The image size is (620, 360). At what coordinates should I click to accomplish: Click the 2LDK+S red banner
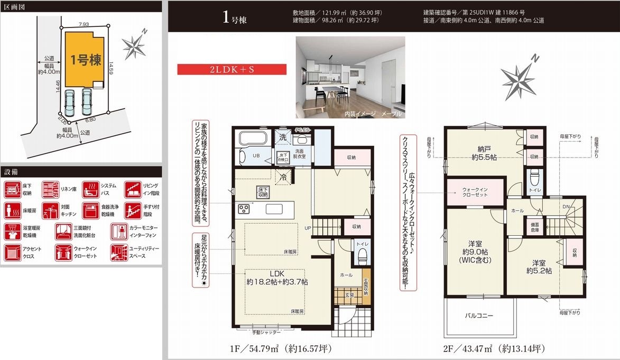click(x=232, y=69)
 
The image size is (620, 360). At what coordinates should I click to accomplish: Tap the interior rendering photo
click(x=350, y=77)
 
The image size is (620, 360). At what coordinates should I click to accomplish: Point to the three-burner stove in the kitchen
click(x=245, y=209)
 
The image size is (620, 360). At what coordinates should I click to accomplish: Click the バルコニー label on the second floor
click(x=479, y=316)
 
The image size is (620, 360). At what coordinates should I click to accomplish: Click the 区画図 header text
click(x=15, y=7)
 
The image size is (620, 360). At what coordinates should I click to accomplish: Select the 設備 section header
click(x=12, y=172)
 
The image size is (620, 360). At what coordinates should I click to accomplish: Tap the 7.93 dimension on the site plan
click(x=84, y=24)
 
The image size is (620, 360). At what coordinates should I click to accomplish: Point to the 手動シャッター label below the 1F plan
click(x=266, y=332)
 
